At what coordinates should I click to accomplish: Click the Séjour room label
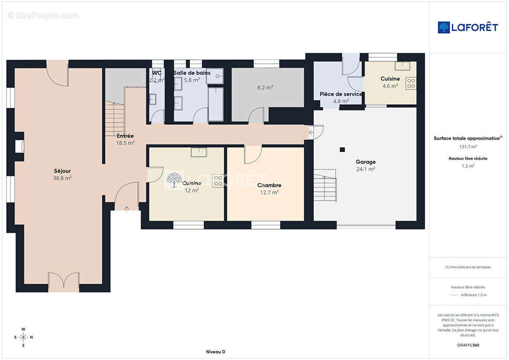point(62,171)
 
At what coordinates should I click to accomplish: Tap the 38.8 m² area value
point(62,178)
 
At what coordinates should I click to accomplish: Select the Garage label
point(365,162)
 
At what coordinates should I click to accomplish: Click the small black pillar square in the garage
point(342,150)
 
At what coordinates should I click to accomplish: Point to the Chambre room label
point(269,185)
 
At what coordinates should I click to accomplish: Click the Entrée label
point(125,136)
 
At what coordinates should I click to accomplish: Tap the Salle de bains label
point(192,73)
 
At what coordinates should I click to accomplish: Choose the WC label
point(157,73)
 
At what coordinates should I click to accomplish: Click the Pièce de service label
point(341,94)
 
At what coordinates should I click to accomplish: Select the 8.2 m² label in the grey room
point(265,88)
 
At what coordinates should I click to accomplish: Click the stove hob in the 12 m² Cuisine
point(218,181)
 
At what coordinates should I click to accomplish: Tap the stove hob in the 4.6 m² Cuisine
point(410,83)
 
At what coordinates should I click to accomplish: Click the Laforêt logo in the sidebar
point(468,27)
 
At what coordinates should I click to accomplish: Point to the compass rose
point(23,337)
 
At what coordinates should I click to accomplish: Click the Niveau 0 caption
point(216,352)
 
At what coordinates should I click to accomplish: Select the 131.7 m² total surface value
point(468,147)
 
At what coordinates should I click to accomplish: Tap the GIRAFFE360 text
point(468,345)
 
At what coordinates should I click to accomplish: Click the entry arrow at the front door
point(126,208)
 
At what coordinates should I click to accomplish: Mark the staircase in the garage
point(325,185)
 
